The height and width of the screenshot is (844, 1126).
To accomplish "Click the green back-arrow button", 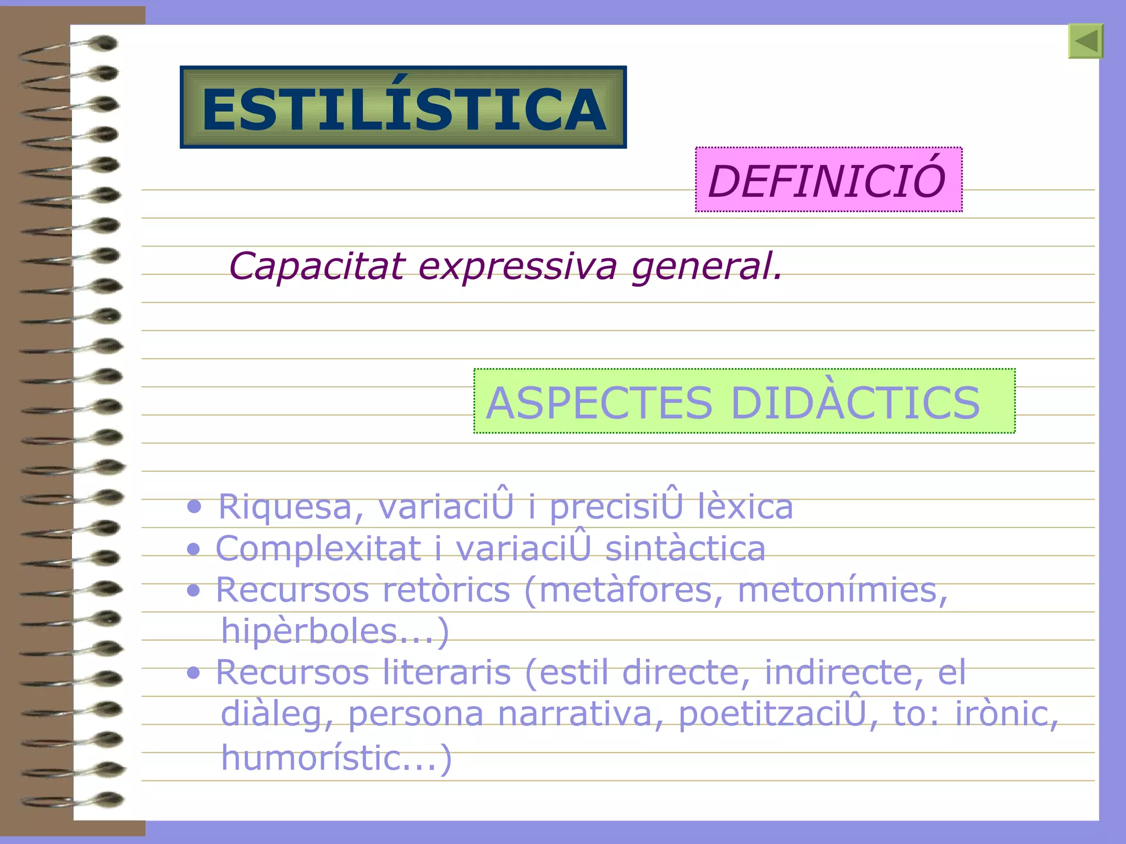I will (1086, 41).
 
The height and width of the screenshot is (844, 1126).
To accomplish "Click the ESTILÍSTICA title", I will (404, 108).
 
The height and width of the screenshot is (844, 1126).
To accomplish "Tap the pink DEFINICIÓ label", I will (828, 180).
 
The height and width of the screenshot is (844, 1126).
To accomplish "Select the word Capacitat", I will (317, 266).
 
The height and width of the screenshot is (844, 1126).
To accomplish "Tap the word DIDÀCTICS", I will (855, 402).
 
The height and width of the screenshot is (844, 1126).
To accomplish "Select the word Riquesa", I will (285, 507).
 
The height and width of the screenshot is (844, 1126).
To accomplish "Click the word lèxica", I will (745, 507).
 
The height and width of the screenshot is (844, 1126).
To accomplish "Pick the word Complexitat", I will (318, 549).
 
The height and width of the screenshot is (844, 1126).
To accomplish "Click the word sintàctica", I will (685, 549).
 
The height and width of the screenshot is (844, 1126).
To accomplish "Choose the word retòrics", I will (446, 590).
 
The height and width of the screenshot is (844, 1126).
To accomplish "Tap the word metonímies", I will (842, 590).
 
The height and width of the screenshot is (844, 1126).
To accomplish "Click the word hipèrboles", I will (308, 631).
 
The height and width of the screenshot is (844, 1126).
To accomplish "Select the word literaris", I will (446, 672).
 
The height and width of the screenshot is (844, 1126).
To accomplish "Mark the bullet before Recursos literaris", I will (193, 673).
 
